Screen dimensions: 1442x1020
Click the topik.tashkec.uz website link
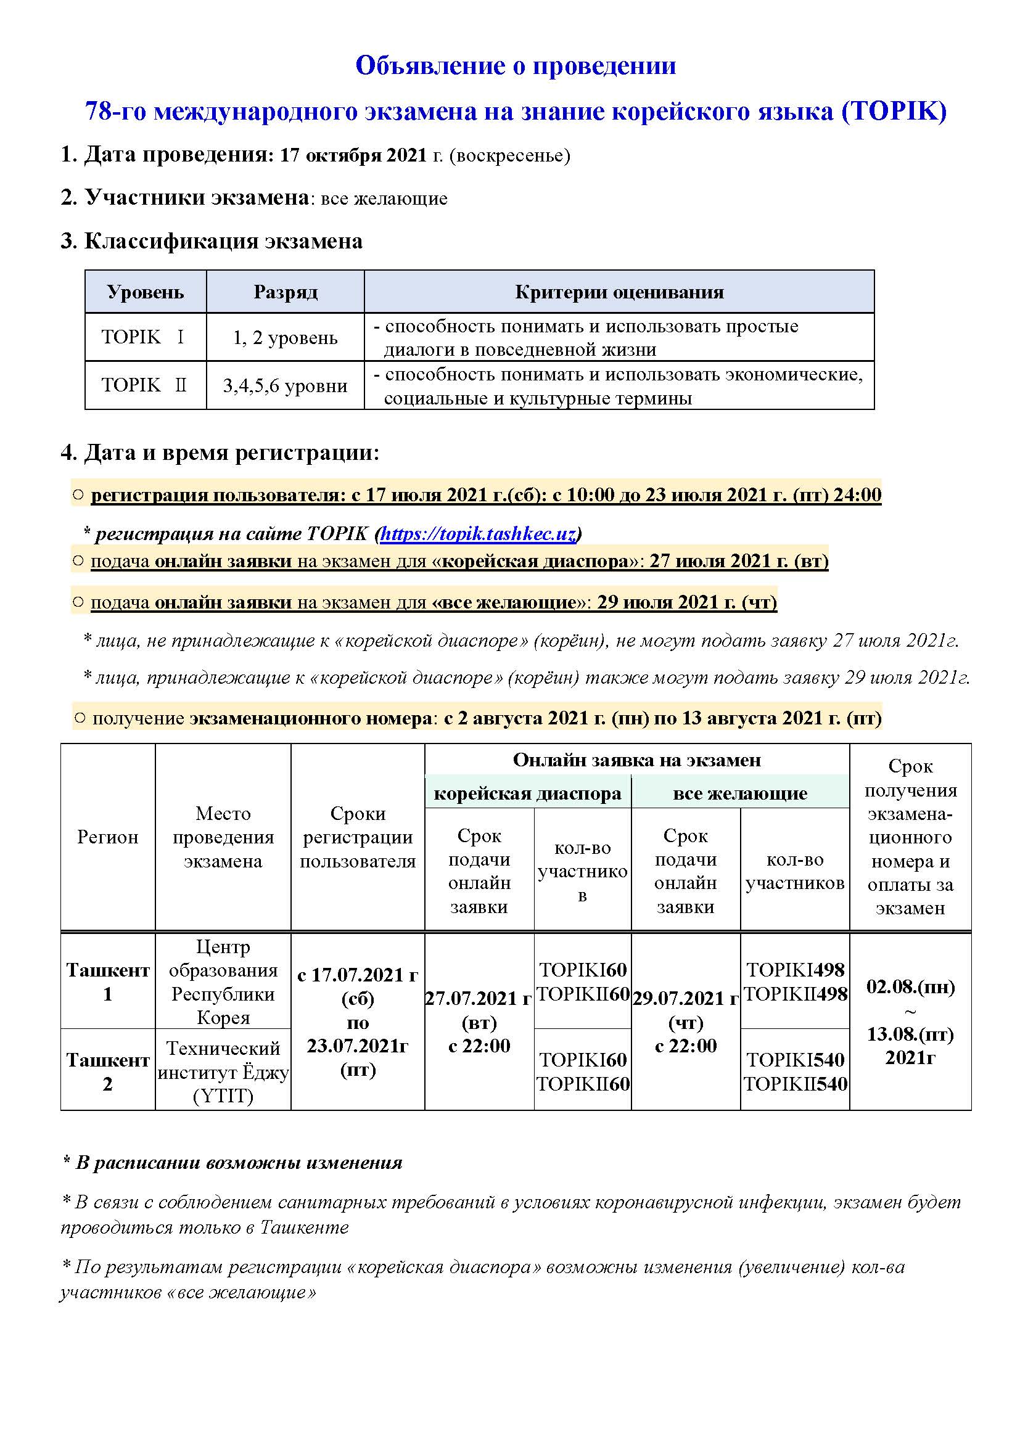point(478,534)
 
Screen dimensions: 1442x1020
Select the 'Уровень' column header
point(145,292)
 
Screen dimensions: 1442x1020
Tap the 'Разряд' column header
point(285,292)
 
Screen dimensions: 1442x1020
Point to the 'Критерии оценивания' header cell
point(619,292)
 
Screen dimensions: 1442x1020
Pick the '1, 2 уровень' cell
point(285,338)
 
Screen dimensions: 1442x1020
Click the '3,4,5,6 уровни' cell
point(285,385)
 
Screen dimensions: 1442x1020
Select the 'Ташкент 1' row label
point(107,981)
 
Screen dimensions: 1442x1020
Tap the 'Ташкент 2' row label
point(107,1071)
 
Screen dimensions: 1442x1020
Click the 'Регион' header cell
point(107,837)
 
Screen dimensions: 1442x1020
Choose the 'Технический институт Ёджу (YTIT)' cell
point(223,1072)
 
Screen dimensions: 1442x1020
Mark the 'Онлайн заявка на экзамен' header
point(636,761)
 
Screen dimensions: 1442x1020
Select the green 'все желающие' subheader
point(740,794)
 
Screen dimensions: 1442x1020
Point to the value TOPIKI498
point(794,970)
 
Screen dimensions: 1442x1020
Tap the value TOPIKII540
point(795,1084)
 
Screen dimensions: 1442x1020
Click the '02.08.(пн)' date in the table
point(910,986)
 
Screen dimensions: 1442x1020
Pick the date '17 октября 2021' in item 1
point(353,155)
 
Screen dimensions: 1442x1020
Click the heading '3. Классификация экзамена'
point(212,241)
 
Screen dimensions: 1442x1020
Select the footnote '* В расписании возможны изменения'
point(232,1163)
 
